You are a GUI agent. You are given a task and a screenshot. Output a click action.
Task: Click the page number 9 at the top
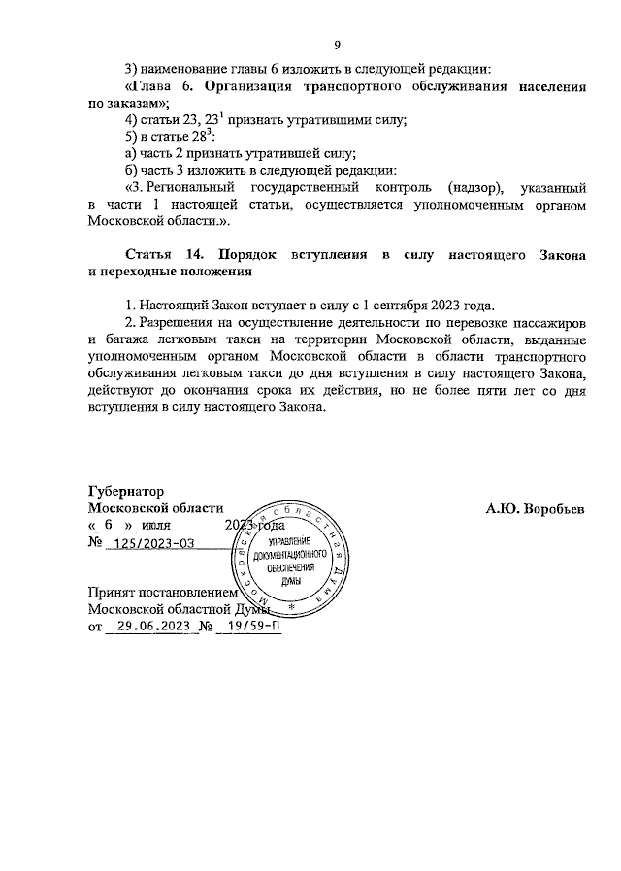[x=337, y=45]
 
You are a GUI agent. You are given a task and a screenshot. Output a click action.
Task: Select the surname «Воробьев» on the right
[x=552, y=507]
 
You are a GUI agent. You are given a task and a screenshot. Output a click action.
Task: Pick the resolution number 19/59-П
[x=248, y=627]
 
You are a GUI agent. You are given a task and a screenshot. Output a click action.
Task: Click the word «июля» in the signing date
[x=157, y=525]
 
